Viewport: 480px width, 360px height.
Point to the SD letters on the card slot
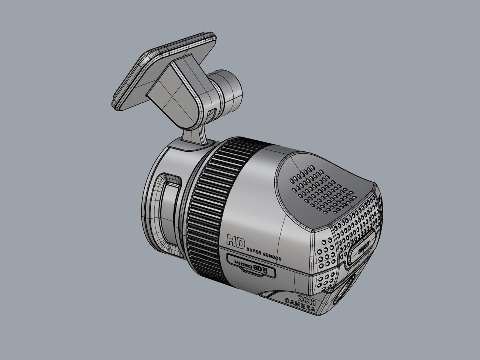[257, 268]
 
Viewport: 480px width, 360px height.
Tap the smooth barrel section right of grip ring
[255, 192]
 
